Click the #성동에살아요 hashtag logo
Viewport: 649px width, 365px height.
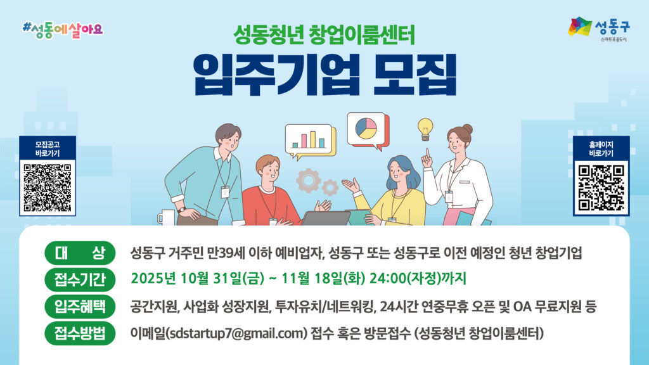(x=63, y=30)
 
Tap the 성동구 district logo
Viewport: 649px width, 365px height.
(x=598, y=28)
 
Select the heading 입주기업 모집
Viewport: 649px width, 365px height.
(x=325, y=75)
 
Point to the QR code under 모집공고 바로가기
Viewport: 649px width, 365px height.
(x=47, y=188)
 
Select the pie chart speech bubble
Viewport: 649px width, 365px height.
(x=368, y=131)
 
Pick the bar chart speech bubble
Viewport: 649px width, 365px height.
(x=310, y=141)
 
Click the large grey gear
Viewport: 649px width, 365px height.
(x=309, y=181)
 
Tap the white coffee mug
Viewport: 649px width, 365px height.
(x=167, y=217)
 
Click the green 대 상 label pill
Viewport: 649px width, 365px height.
(x=80, y=252)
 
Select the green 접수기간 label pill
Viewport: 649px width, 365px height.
(x=80, y=279)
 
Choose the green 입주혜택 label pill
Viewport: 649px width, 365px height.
(x=80, y=306)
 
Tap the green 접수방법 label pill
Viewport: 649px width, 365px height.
(x=80, y=333)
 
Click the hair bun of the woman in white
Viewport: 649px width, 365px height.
(x=467, y=129)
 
